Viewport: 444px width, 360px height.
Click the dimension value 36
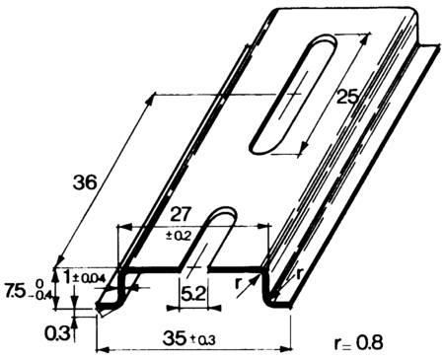point(85,182)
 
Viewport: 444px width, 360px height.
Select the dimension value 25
point(347,97)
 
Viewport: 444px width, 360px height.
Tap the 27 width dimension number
point(181,215)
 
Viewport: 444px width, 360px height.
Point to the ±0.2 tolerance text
point(179,236)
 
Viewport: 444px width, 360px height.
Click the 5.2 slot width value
point(193,294)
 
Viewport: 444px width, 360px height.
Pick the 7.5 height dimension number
point(16,291)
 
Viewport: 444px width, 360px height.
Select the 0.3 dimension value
point(57,334)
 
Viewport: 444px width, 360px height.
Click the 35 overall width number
point(175,338)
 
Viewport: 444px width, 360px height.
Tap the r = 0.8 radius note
point(358,343)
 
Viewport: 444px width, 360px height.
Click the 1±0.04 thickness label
point(84,278)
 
